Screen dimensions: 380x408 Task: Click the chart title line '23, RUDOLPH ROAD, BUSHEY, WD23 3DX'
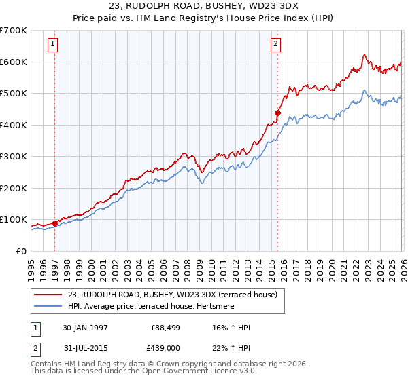204,5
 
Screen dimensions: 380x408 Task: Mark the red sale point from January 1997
55,223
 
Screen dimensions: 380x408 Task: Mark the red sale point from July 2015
277,113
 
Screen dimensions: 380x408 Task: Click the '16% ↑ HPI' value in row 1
232,328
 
